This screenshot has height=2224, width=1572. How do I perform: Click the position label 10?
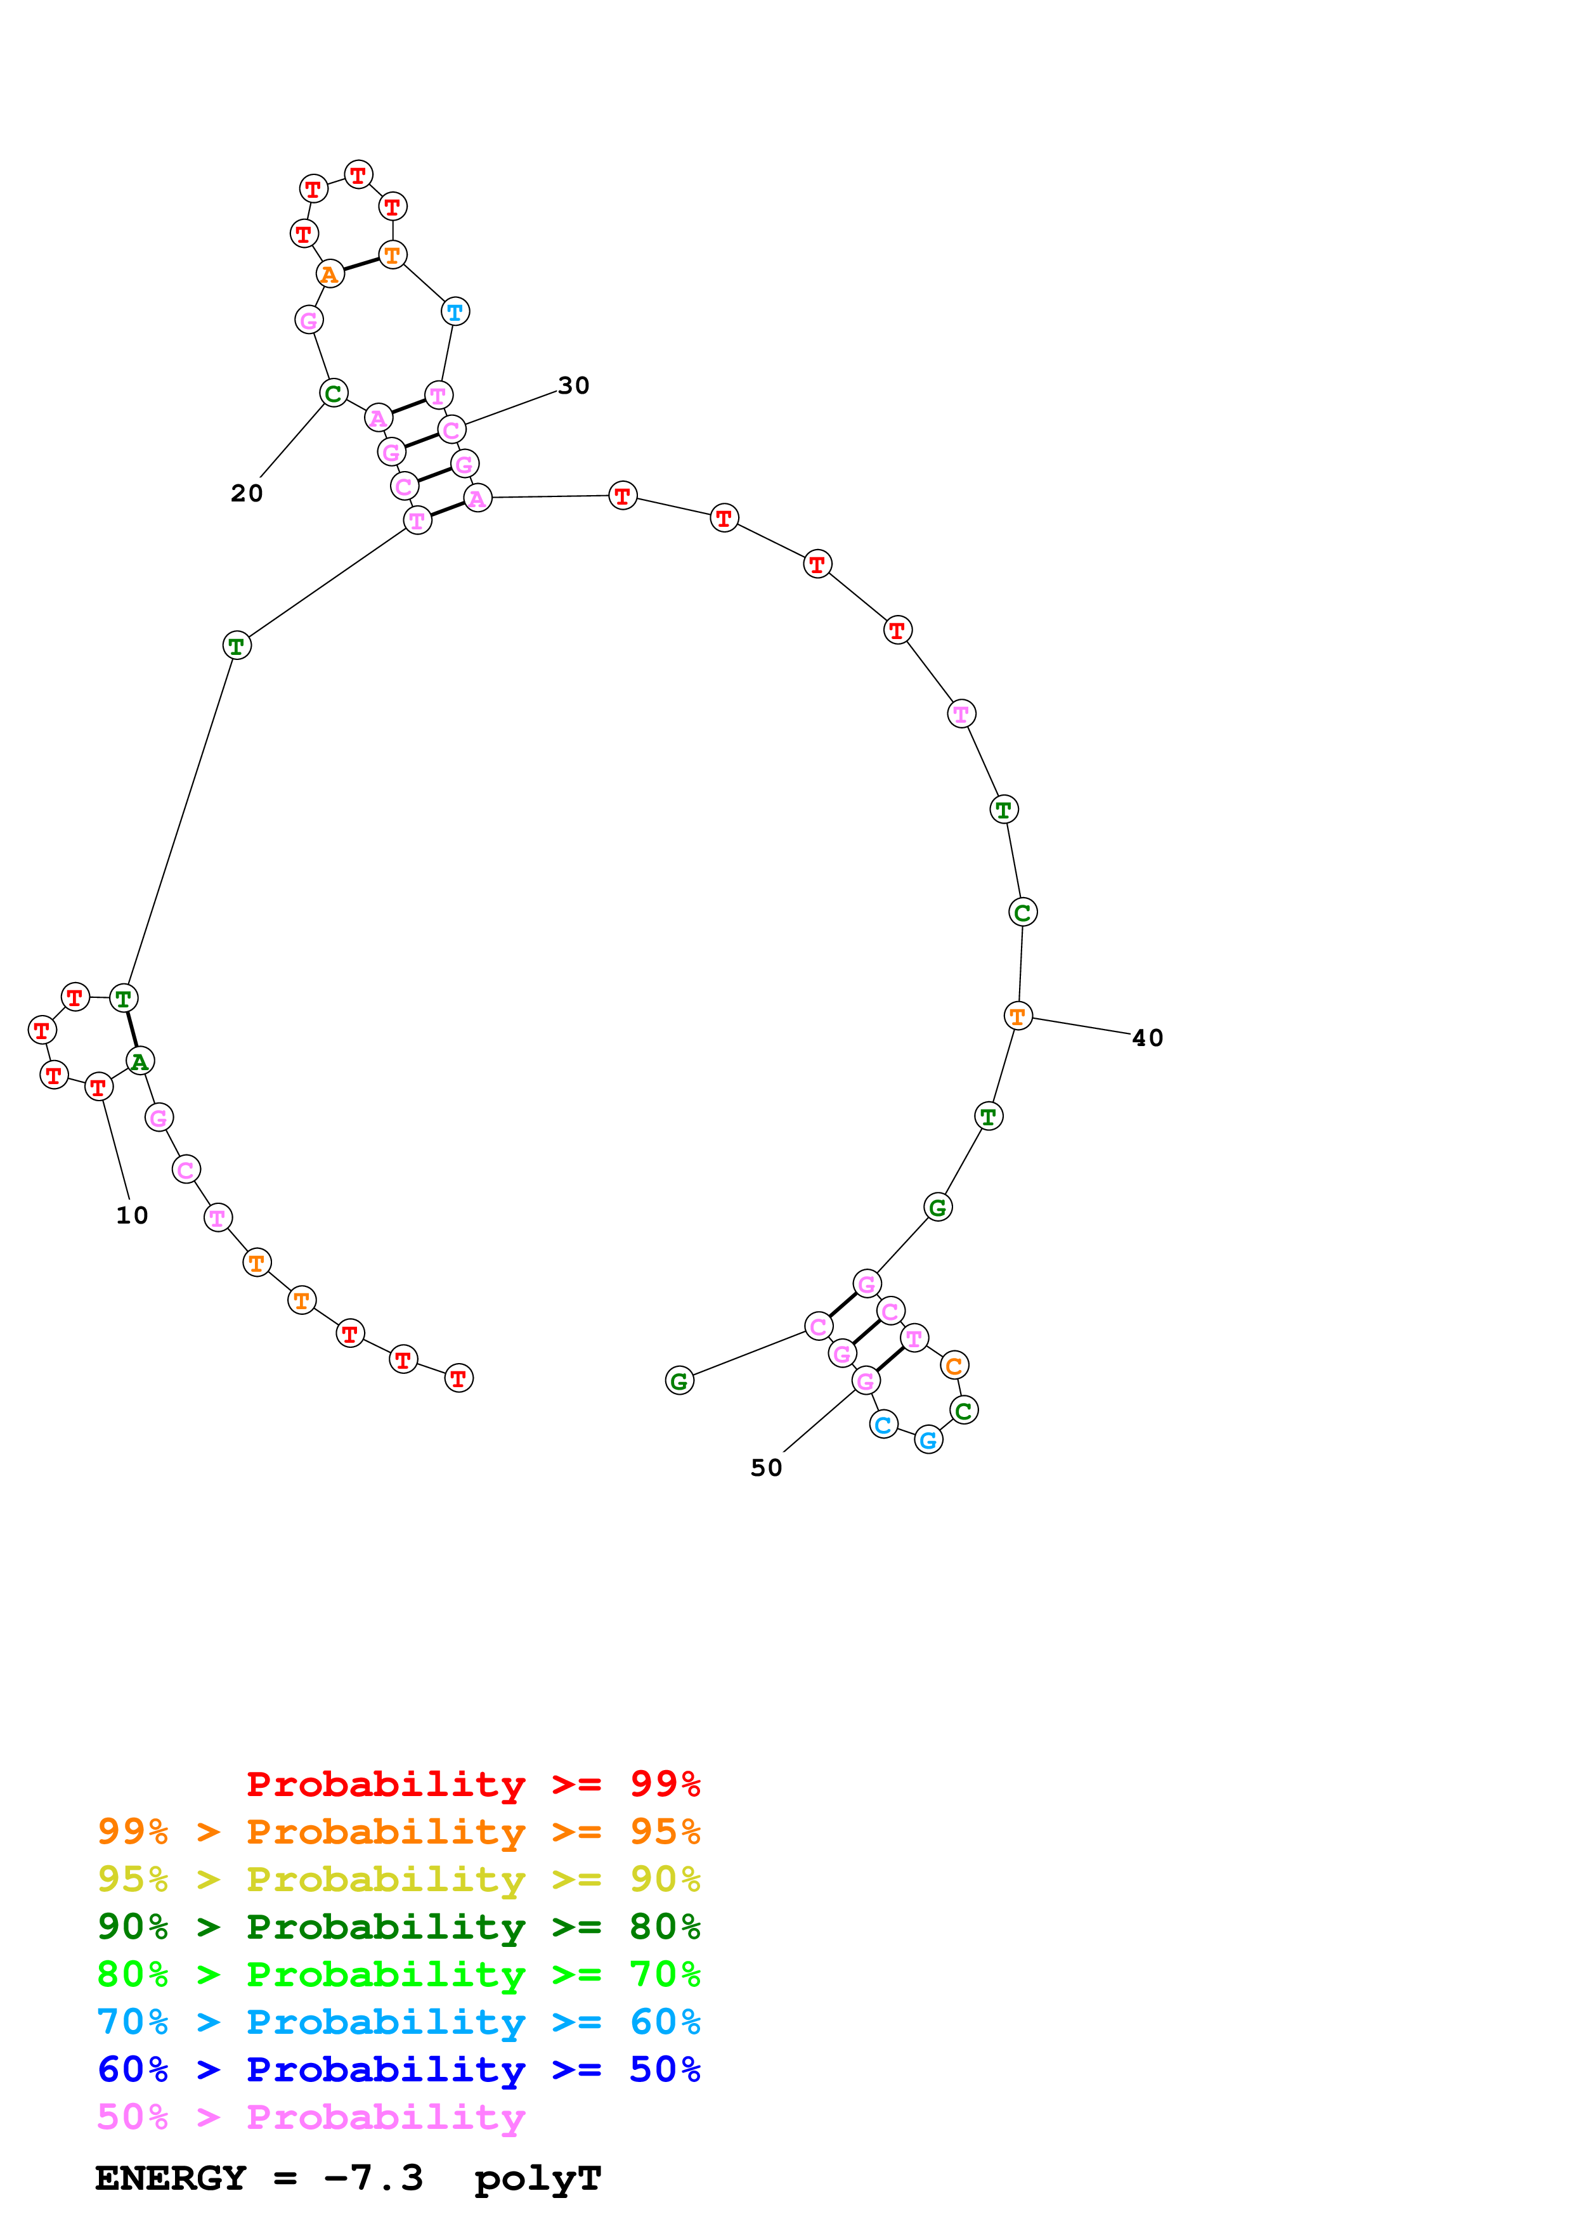(x=132, y=1215)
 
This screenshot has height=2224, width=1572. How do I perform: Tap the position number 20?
(x=247, y=493)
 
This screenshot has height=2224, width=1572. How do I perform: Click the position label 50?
(x=766, y=1468)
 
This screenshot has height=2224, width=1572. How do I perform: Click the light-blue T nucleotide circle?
(x=455, y=312)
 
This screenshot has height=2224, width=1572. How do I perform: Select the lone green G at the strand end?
(x=680, y=1381)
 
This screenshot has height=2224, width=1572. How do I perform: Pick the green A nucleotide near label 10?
(x=140, y=1062)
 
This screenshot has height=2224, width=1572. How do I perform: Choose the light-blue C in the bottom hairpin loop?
(x=883, y=1425)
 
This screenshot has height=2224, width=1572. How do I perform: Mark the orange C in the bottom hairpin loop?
(x=954, y=1366)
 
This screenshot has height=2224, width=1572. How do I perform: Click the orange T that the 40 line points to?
(x=1018, y=1016)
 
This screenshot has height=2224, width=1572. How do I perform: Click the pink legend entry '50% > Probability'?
(x=311, y=2117)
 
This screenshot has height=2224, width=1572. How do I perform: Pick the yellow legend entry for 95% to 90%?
(x=398, y=1879)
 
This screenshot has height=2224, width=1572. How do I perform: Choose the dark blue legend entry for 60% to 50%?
(x=398, y=2070)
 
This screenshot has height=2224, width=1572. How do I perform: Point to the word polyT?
(x=538, y=2180)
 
